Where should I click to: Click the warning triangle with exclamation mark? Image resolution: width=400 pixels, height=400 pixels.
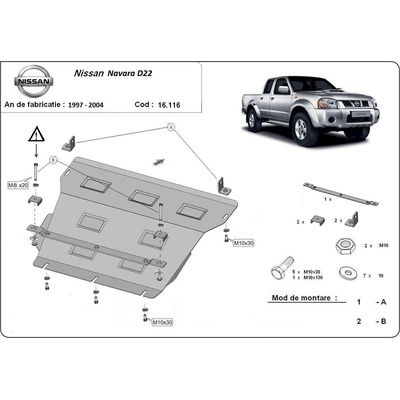(x=37, y=135)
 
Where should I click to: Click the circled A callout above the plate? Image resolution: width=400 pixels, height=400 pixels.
(x=169, y=127)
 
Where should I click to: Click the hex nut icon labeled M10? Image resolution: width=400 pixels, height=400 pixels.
(x=342, y=245)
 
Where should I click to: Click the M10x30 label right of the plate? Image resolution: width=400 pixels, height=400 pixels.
(x=244, y=243)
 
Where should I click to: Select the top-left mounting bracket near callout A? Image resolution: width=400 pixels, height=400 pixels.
(x=67, y=147)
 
